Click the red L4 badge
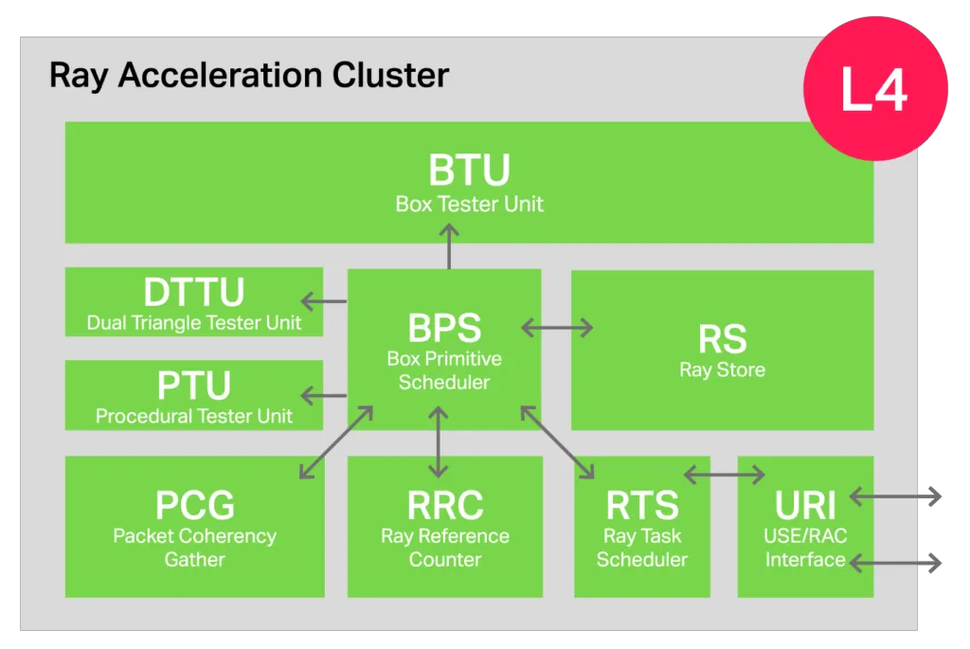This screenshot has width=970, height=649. coord(874,90)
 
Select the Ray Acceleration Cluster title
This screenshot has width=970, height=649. coord(249,76)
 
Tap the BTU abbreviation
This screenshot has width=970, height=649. coord(469,171)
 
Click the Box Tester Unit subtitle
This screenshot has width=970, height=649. coord(469,204)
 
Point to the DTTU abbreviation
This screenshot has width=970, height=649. coord(194,292)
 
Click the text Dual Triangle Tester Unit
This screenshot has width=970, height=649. coord(194,322)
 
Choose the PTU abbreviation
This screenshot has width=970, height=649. coord(194,386)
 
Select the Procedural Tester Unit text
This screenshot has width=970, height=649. coord(194,416)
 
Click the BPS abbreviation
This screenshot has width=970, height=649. coord(444,328)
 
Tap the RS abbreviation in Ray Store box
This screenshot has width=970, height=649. coord(722,338)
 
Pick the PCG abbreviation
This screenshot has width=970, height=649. coord(194,505)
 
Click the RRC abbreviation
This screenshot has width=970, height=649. coord(444,505)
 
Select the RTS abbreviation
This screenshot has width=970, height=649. coord(641,505)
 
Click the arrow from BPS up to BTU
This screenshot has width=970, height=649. coord(449,246)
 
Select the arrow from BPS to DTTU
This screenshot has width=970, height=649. coord(324,301)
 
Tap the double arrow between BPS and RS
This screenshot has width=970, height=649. coord(557,328)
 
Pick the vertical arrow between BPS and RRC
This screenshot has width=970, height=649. coord(437,442)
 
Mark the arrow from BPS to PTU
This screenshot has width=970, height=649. coord(324,395)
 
